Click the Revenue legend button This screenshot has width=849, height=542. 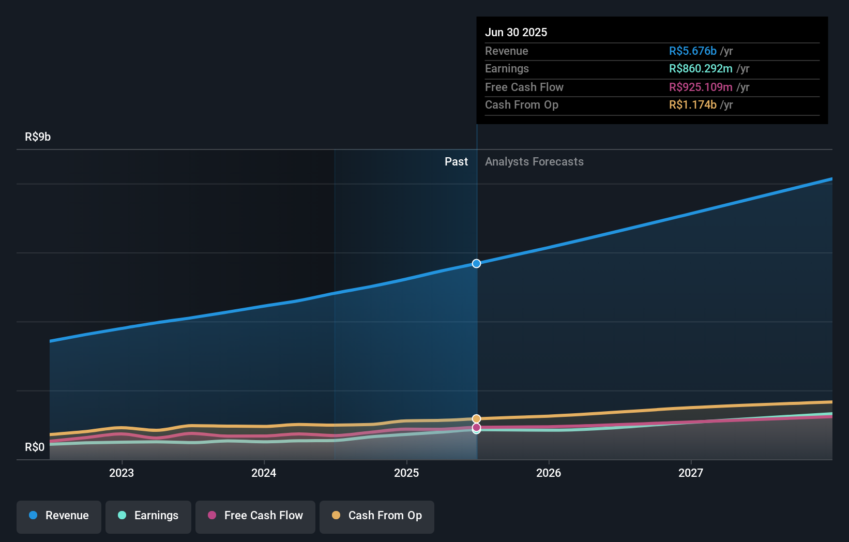coord(59,516)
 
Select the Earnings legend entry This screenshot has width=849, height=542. coord(148,516)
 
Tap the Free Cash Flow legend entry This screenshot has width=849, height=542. coord(255,516)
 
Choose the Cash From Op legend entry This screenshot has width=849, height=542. coord(377,516)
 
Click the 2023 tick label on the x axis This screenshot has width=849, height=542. coord(122,473)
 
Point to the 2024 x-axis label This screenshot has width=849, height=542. coord(264,473)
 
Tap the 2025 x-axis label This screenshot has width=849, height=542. coord(406,473)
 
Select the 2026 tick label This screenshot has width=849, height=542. coord(549,473)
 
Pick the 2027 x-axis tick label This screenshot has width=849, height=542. coord(691,473)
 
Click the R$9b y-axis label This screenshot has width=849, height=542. coord(38,137)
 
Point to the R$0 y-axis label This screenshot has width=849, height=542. coord(35,447)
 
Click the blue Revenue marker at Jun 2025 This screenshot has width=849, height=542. coord(476,264)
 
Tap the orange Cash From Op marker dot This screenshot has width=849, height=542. coord(476,418)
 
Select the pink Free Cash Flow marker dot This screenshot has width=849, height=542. coord(476,427)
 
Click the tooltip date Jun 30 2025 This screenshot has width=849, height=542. coord(516,32)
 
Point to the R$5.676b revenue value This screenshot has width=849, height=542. coord(692,51)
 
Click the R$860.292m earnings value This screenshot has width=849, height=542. coord(701,68)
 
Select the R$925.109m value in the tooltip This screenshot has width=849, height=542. coord(701,87)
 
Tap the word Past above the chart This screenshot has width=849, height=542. coord(456,161)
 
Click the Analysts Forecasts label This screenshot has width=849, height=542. coord(534,161)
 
